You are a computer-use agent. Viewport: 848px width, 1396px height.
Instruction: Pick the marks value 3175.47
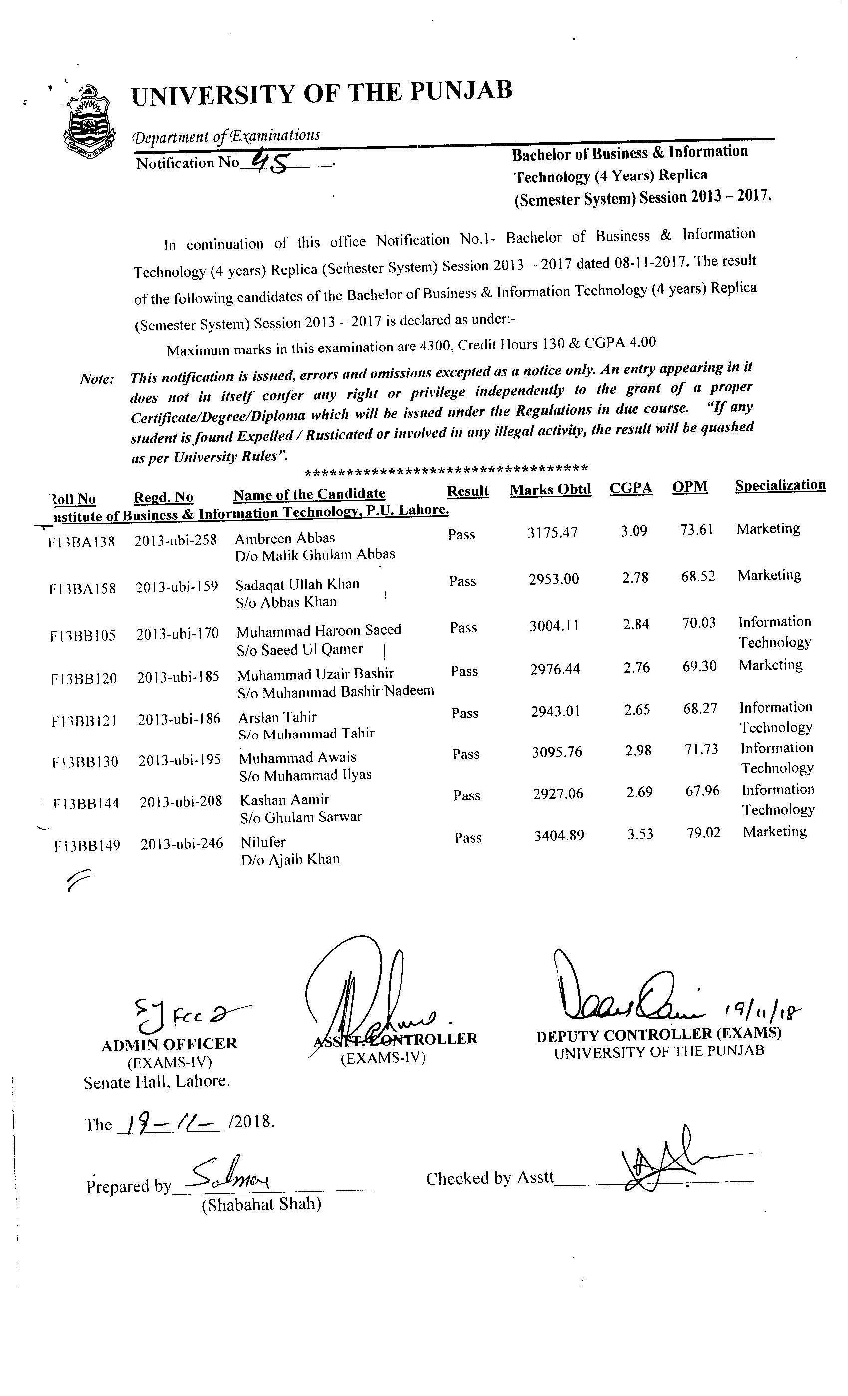click(x=552, y=532)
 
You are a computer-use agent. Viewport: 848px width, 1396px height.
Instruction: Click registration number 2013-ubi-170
click(x=178, y=633)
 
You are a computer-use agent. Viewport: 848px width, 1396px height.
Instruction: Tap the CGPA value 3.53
click(x=640, y=834)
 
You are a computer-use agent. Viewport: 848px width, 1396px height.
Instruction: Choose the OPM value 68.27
click(x=700, y=709)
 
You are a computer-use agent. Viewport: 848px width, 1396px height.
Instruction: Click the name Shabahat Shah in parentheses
click(x=261, y=1204)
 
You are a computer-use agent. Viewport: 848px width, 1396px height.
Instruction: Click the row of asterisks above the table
click(x=445, y=469)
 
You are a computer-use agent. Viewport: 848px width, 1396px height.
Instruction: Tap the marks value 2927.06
click(x=558, y=794)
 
